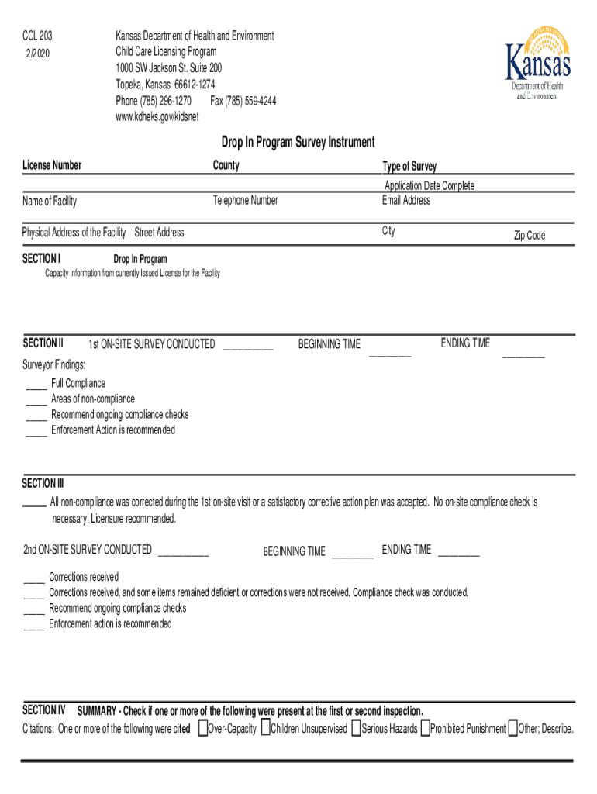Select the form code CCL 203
(x=37, y=36)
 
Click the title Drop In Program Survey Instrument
(x=298, y=143)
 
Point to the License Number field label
(x=52, y=165)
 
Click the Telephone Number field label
(x=245, y=201)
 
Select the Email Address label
(x=405, y=201)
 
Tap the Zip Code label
(x=529, y=236)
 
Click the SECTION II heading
(x=43, y=343)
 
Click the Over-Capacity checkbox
(x=202, y=728)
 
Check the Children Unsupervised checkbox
(x=265, y=728)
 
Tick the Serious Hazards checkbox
(x=356, y=728)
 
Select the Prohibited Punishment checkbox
(x=425, y=728)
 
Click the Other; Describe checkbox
(x=512, y=728)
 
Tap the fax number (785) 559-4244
(x=243, y=102)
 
